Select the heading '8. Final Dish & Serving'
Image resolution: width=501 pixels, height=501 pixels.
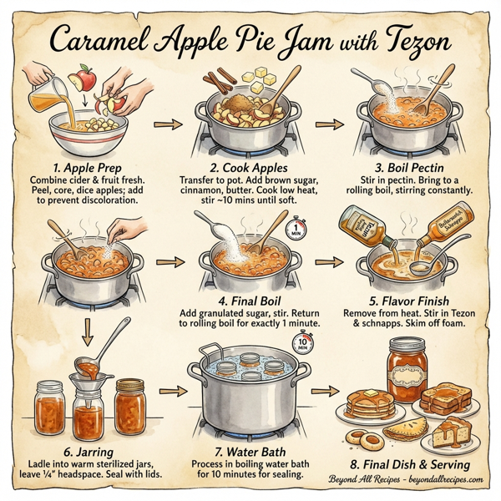409,464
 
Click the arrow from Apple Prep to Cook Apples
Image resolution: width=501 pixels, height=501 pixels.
170,125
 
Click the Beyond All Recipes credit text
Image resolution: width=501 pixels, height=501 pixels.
407,480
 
